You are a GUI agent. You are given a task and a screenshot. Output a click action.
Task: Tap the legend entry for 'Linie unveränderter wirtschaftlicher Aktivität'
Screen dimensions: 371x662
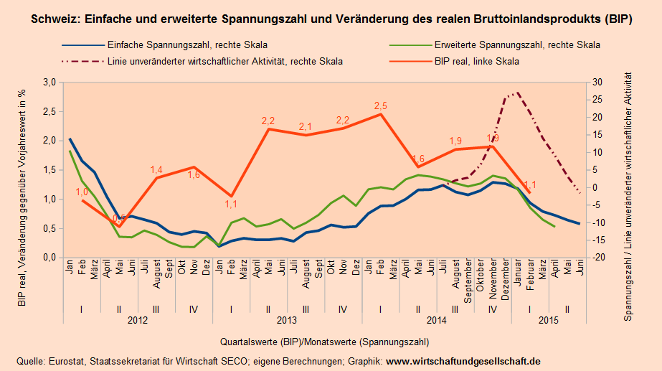pos(224,62)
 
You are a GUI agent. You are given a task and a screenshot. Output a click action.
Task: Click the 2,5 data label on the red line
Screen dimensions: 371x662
pos(381,106)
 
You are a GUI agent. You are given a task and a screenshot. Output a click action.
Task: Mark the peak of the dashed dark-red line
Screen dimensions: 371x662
pos(517,93)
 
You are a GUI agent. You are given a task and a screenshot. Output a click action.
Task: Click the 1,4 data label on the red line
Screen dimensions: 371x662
pos(157,169)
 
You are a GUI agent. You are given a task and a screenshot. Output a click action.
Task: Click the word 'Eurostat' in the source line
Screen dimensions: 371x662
pos(63,360)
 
